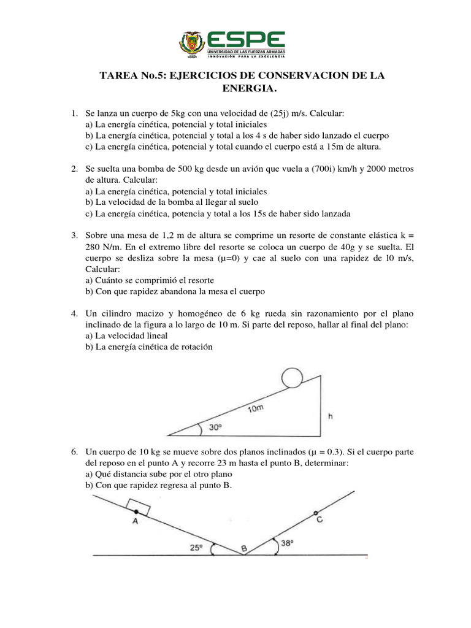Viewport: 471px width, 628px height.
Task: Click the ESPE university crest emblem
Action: (191, 44)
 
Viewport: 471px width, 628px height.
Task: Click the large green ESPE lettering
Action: (246, 39)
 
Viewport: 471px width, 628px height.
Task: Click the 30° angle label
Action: (214, 428)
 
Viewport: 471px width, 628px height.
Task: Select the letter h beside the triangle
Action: (331, 417)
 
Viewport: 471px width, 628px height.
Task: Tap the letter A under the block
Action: (135, 522)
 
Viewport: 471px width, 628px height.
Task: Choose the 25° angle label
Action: (196, 548)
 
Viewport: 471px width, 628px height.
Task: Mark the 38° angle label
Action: (287, 543)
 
